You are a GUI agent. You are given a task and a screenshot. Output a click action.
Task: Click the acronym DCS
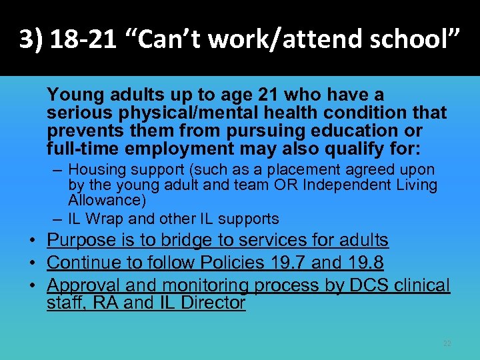point(368,285)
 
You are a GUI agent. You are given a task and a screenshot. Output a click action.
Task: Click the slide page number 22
point(447,343)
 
